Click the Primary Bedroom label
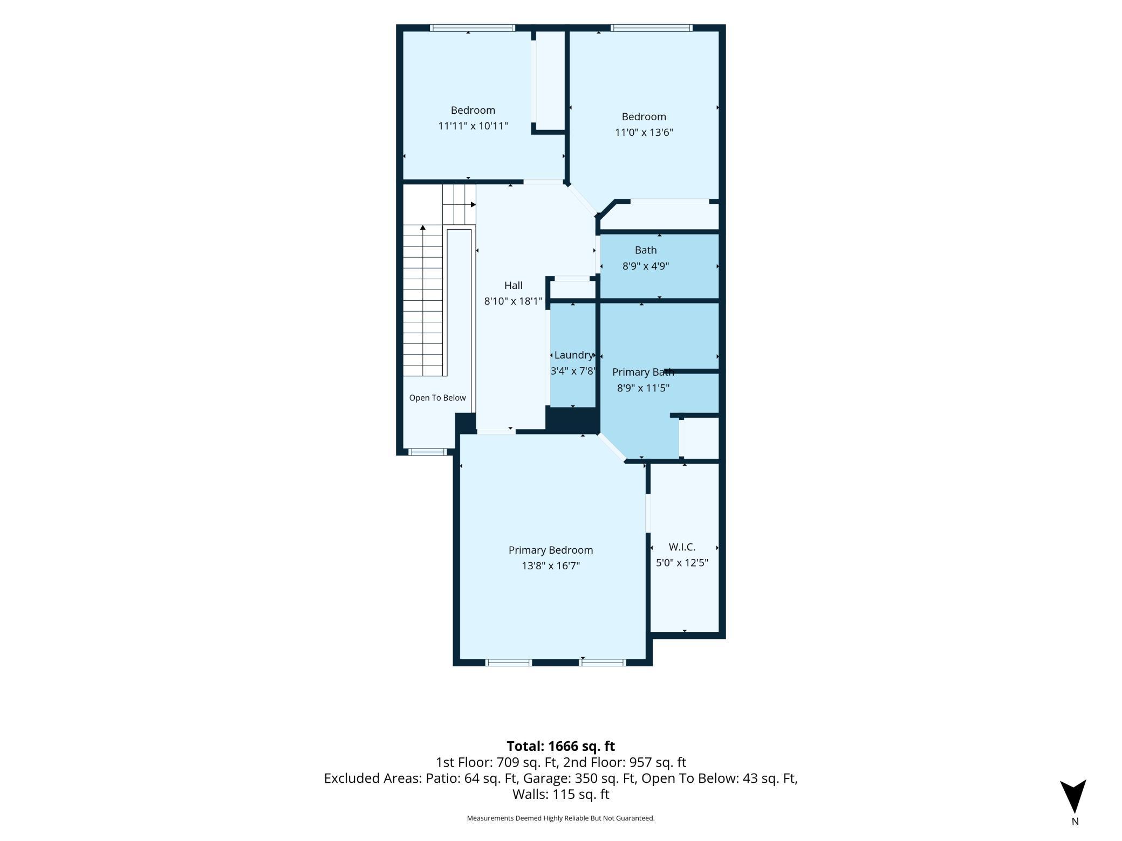click(550, 550)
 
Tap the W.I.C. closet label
click(682, 547)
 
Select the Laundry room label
click(573, 355)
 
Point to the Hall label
click(513, 285)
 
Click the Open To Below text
click(437, 398)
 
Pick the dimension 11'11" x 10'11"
click(473, 126)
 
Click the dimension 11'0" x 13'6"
click(644, 133)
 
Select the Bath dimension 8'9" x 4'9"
click(646, 266)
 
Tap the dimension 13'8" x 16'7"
click(550, 566)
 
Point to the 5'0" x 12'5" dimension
click(682, 563)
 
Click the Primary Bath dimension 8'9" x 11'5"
click(643, 388)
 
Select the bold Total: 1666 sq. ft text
click(560, 746)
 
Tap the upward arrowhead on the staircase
click(423, 228)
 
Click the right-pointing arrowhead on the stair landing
click(473, 204)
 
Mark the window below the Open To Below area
click(427, 452)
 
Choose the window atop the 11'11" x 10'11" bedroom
click(473, 28)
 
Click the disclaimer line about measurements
click(560, 818)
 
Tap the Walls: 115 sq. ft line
click(560, 794)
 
